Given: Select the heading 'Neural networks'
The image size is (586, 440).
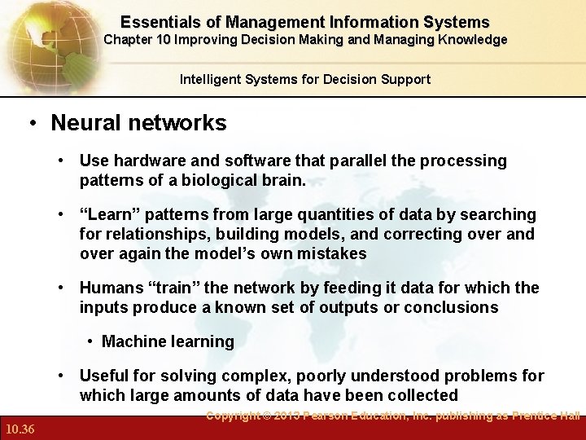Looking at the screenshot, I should click(x=138, y=123).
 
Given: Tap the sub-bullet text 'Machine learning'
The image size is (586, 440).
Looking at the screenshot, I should click(x=168, y=341).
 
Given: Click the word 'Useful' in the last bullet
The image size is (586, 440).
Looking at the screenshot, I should click(x=103, y=376).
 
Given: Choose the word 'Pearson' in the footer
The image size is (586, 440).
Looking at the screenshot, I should click(x=336, y=416).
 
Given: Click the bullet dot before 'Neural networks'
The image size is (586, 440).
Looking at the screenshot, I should click(x=33, y=124).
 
